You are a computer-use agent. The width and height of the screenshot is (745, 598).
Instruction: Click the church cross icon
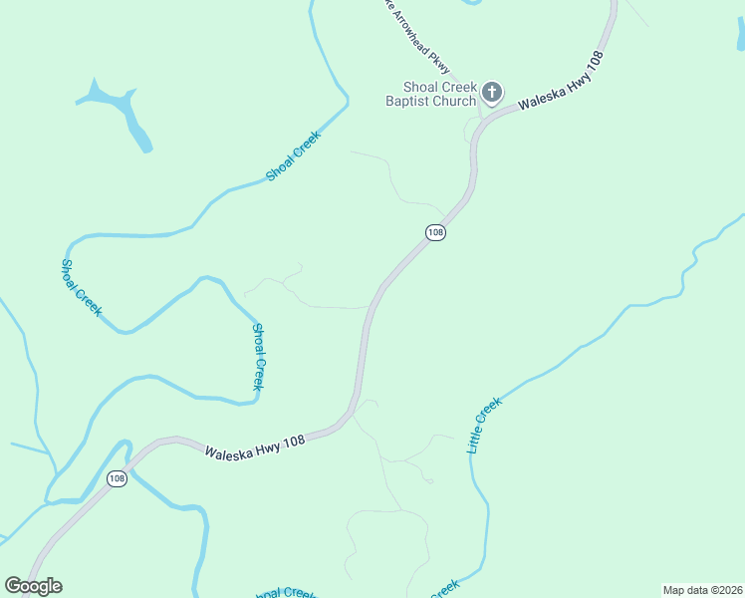click(x=491, y=93)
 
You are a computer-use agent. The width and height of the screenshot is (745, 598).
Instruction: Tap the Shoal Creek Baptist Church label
click(x=431, y=94)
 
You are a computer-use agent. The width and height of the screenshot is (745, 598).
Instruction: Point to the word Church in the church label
click(x=455, y=101)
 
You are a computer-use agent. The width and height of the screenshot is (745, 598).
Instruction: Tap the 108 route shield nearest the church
click(x=434, y=232)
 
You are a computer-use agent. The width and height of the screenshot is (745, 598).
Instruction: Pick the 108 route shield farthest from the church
click(x=118, y=478)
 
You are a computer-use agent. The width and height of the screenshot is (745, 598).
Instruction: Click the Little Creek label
click(x=485, y=426)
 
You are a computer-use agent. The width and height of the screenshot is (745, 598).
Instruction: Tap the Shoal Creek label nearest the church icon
click(x=293, y=156)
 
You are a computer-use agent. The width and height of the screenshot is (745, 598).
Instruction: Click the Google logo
click(x=33, y=586)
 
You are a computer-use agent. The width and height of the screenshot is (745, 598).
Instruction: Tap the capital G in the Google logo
click(x=13, y=586)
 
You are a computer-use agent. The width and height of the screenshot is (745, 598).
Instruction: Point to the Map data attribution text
click(x=702, y=589)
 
